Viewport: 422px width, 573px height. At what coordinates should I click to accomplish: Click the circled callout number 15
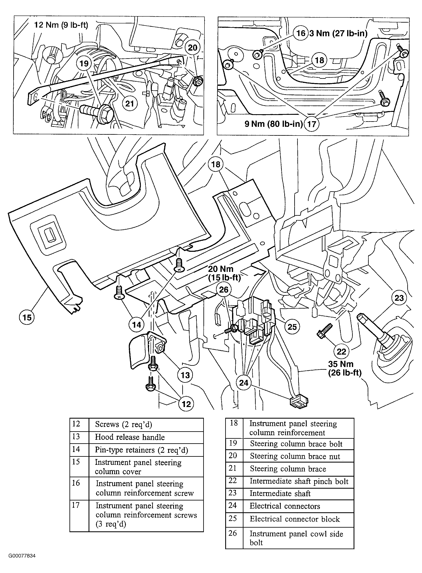(27, 317)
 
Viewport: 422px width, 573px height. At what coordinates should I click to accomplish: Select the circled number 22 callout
(341, 351)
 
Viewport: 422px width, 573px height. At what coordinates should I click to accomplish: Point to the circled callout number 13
(185, 375)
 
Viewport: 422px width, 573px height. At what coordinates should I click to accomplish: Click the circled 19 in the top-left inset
(84, 63)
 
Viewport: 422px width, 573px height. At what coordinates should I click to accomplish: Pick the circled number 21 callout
(130, 104)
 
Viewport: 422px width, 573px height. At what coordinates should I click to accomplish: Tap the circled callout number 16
(301, 33)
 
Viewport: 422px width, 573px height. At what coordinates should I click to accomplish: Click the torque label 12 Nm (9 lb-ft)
(61, 25)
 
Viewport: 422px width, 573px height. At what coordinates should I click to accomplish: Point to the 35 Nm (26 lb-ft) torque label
(345, 368)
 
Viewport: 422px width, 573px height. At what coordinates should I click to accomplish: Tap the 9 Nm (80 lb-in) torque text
(274, 124)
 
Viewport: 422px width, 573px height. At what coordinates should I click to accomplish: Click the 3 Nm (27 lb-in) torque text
(338, 33)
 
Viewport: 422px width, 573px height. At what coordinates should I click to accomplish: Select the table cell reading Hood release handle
(146, 437)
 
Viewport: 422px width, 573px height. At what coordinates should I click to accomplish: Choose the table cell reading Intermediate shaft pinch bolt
(298, 481)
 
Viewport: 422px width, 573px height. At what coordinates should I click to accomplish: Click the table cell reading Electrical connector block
(298, 519)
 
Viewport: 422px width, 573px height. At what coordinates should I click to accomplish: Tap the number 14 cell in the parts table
(79, 450)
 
